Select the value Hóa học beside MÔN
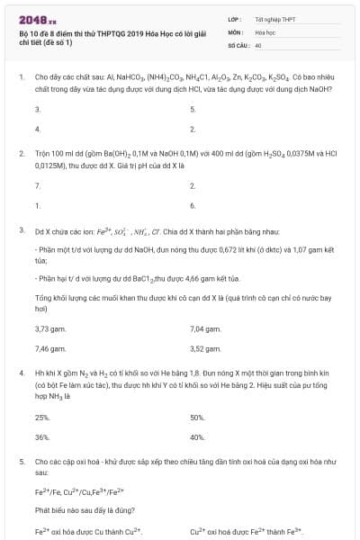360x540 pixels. coord(264,31)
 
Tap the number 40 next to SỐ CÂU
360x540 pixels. coord(257,44)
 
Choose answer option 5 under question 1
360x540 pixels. coord(193,109)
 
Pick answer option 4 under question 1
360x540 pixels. coord(37,129)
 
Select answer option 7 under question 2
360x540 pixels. coord(37,185)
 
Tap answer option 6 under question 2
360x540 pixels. coord(193,205)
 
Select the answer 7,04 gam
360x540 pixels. coord(206,328)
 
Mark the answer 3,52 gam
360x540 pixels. coord(206,348)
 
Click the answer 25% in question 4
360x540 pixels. coord(41,418)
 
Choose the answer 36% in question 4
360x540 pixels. coord(41,437)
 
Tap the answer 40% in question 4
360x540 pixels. coord(198,437)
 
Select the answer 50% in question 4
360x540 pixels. coord(198,418)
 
